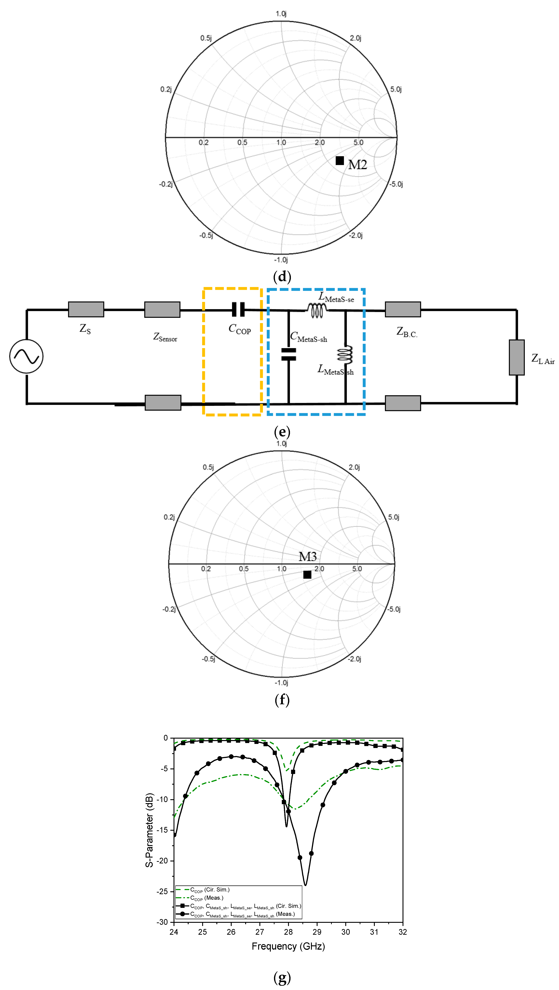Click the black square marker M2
coord(340,161)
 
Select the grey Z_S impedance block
coord(86,309)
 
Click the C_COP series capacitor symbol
coord(238,309)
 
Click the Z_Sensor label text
coord(165,337)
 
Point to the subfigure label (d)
coord(282,277)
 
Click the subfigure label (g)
coord(282,977)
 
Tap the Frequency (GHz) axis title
coord(288,946)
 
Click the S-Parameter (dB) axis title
coord(150,830)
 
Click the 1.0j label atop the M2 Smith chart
coord(281,14)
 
